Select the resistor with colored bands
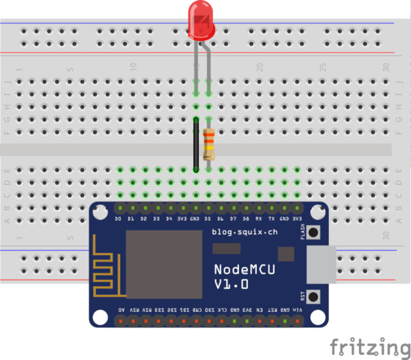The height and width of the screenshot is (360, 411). pos(209,145)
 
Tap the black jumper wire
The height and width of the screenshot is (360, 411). pos(195,145)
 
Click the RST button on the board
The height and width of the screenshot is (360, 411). pos(313,298)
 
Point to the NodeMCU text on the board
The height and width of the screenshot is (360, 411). pos(244,270)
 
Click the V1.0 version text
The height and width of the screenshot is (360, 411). pos(231,284)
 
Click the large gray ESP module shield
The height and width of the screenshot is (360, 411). pos(157,264)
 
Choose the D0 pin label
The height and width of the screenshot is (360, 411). pos(118,219)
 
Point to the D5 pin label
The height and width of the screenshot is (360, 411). pos(207,219)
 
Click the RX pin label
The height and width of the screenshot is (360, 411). pos(259,219)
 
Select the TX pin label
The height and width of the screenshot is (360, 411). pos(272,219)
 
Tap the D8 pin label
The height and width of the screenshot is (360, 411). pos(246,219)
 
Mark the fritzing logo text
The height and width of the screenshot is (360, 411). pos(369,348)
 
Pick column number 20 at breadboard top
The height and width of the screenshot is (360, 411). pos(260,67)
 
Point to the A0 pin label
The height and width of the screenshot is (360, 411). pos(121,310)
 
